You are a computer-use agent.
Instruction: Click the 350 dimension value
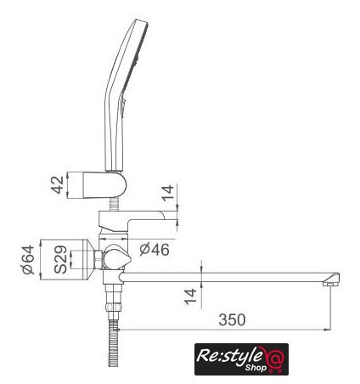pyautogui.click(x=232, y=319)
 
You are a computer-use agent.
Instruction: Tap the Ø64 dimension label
pyautogui.click(x=29, y=260)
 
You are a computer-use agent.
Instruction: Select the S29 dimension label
pyautogui.click(x=60, y=260)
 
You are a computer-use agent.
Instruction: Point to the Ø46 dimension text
pyautogui.click(x=155, y=250)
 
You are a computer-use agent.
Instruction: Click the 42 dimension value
pyautogui.click(x=58, y=185)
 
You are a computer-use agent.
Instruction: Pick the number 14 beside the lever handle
pyautogui.click(x=167, y=193)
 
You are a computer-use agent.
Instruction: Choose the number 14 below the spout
pyautogui.click(x=190, y=296)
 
